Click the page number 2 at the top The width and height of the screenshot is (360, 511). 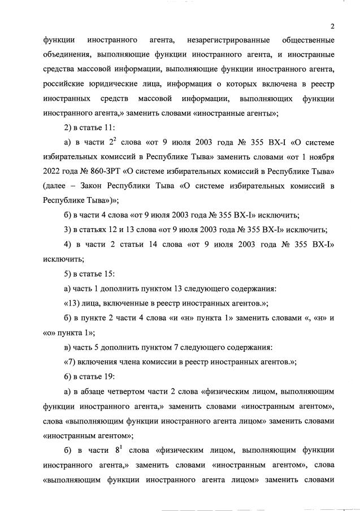pos(333,26)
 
